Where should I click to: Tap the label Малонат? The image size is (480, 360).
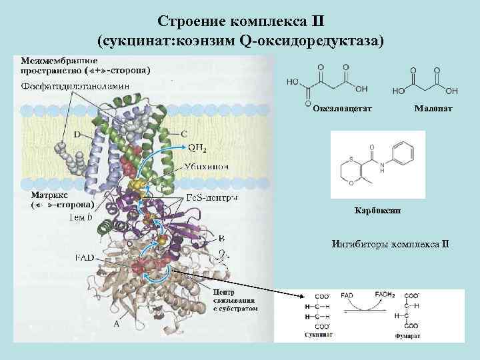[433, 107]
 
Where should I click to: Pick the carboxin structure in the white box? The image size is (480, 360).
[377, 163]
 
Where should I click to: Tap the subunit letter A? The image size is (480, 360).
[117, 323]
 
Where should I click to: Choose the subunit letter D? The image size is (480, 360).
[77, 135]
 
